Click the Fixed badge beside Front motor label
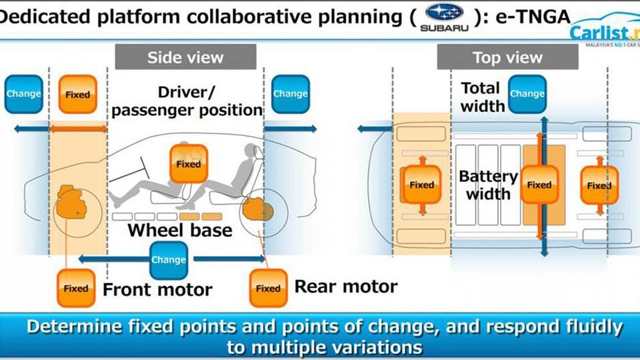click(76, 288)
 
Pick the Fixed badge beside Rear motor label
click(268, 288)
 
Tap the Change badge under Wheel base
click(169, 259)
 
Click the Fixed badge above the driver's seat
click(189, 164)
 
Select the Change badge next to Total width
click(527, 94)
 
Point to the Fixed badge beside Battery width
click(539, 185)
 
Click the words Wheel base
click(180, 231)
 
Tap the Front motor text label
click(157, 289)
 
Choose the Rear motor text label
click(346, 287)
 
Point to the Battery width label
click(488, 185)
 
